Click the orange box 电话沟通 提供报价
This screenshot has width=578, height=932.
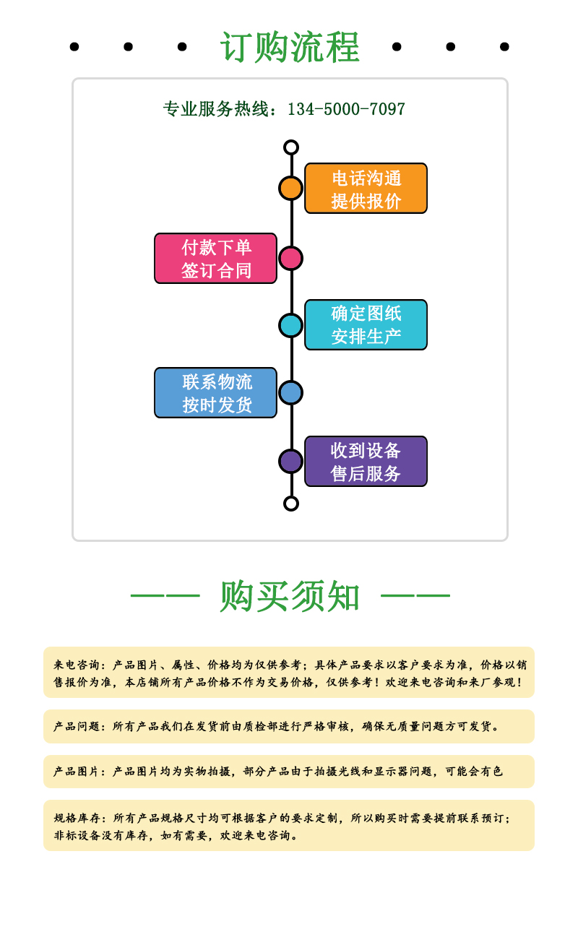[366, 189]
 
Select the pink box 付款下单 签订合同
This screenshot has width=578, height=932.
[215, 259]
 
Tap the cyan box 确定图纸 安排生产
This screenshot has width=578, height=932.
[366, 324]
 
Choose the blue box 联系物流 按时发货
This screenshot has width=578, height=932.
[215, 393]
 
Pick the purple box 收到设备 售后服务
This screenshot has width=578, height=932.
[366, 462]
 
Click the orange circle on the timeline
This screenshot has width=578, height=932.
[290, 188]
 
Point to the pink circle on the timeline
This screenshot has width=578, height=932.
[290, 259]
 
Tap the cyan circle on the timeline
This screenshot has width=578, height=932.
[290, 325]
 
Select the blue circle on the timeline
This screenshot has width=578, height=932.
[290, 393]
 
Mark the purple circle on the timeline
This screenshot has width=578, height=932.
[290, 462]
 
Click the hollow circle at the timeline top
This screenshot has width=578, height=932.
[291, 147]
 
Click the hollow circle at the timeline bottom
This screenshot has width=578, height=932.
[291, 504]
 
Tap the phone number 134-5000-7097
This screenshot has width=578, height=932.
[346, 109]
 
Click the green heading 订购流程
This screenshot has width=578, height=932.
[290, 47]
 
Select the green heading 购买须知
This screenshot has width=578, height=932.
[290, 596]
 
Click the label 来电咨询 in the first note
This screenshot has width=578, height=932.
[77, 665]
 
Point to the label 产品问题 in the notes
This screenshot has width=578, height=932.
[77, 727]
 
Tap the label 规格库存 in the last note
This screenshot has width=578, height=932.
[77, 818]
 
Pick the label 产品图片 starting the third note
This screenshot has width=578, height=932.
[77, 772]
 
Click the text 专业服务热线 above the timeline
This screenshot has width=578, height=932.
[215, 109]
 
